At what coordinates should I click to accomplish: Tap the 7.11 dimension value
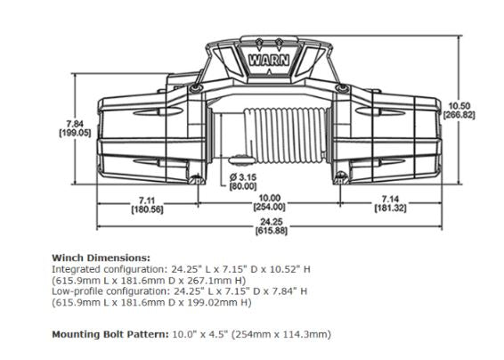tap(148, 199)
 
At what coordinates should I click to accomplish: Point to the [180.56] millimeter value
tap(148, 209)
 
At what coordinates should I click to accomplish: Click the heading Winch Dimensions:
tap(101, 257)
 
